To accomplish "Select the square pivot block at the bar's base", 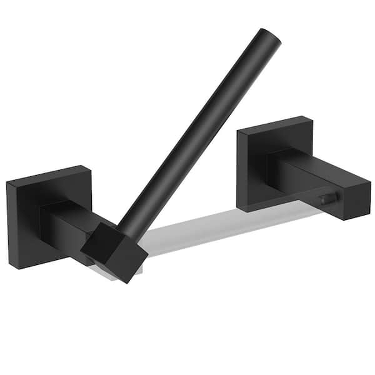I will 114,249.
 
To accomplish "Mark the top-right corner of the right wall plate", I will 312,117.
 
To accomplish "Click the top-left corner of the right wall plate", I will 238,131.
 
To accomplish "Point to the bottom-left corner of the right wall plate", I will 241,207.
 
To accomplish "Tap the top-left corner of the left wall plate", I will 7,183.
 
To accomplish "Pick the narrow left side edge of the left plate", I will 8,225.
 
